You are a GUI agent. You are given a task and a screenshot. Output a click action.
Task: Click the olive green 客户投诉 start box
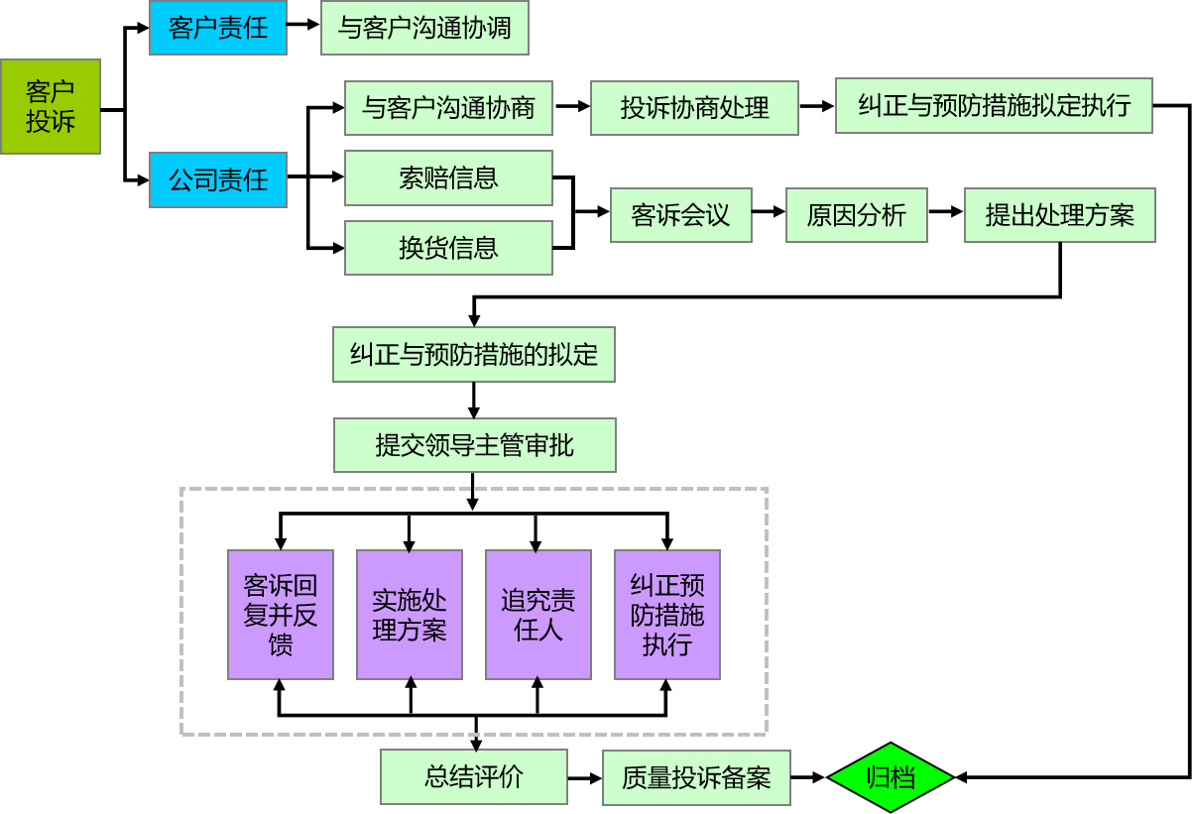coord(51,106)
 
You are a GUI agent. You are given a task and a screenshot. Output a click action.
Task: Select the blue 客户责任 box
coord(218,28)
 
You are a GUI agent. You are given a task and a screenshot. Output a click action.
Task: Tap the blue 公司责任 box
coord(218,179)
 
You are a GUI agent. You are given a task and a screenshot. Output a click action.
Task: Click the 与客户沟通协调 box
coord(424,28)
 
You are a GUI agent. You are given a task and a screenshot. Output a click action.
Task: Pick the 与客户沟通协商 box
coord(448,108)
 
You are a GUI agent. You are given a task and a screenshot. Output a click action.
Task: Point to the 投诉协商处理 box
coord(694,108)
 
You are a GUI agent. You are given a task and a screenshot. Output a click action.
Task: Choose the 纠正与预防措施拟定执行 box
coord(994,105)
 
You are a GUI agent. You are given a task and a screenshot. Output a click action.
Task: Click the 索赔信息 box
coord(448,178)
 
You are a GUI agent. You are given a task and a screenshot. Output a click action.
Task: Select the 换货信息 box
coord(448,248)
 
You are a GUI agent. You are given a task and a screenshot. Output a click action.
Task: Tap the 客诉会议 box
coord(680,215)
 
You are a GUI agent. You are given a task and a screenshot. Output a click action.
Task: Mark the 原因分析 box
coord(857,215)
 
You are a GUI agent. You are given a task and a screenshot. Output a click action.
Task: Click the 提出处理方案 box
coord(1060,215)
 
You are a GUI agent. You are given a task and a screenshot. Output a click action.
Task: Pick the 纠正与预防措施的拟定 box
coord(474,354)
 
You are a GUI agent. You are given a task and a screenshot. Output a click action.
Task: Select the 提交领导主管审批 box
coord(475,445)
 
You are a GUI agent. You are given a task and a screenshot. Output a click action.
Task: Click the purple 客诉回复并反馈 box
coord(281,615)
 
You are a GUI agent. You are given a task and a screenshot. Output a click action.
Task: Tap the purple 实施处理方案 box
coord(410,615)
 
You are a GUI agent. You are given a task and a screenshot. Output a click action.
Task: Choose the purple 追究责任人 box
coord(538,615)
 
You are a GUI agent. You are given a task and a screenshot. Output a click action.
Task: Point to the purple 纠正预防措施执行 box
coord(667,615)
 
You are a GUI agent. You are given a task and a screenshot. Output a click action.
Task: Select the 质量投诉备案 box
coord(696,777)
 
